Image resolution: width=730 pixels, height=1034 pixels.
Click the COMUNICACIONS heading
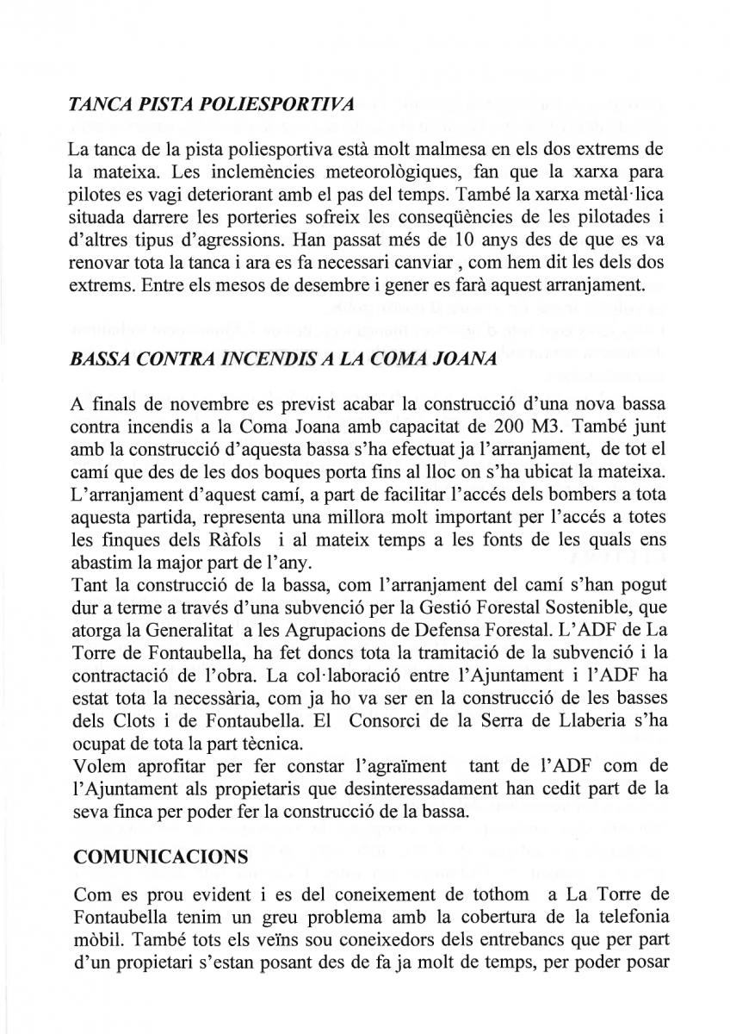coord(162,859)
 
